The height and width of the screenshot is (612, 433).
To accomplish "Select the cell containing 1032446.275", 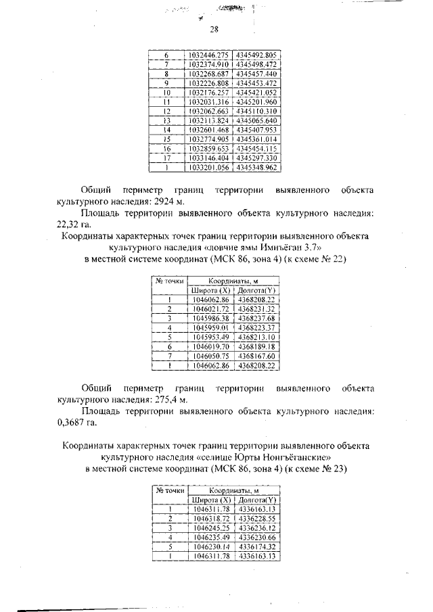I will pyautogui.click(x=208, y=54).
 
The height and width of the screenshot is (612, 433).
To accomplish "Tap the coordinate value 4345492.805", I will pyautogui.click(x=257, y=54).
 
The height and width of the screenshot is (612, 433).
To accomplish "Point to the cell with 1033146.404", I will pyautogui.click(x=208, y=157).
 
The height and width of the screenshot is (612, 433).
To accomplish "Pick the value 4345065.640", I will pyautogui.click(x=257, y=120).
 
